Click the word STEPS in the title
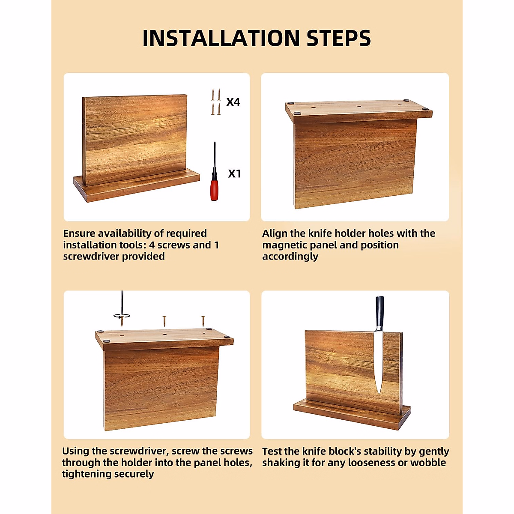[338, 38]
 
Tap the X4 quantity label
[233, 102]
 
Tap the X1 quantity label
[234, 173]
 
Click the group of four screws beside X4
[216, 102]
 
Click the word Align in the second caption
[275, 233]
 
